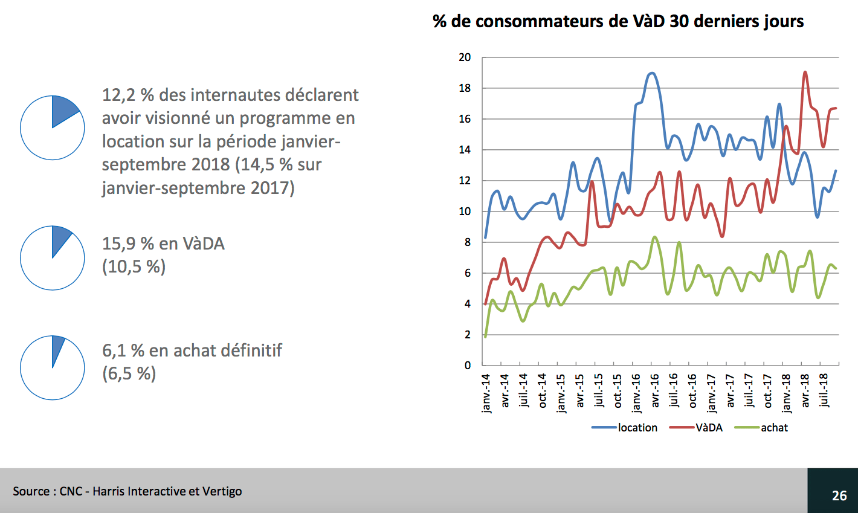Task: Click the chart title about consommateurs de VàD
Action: tap(618, 22)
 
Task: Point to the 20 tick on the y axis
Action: tap(465, 58)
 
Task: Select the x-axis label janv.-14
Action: tap(486, 393)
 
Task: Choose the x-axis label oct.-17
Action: tap(767, 391)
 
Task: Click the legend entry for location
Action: tap(637, 428)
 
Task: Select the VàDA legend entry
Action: tap(709, 428)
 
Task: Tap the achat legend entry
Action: tap(774, 428)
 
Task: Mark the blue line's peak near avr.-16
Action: tap(651, 73)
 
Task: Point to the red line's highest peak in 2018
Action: tap(805, 72)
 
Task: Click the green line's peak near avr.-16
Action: tap(654, 237)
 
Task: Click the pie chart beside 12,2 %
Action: tap(53, 127)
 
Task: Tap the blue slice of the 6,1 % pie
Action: tap(57, 347)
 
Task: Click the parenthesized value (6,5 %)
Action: tap(129, 373)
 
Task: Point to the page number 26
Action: tap(839, 495)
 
